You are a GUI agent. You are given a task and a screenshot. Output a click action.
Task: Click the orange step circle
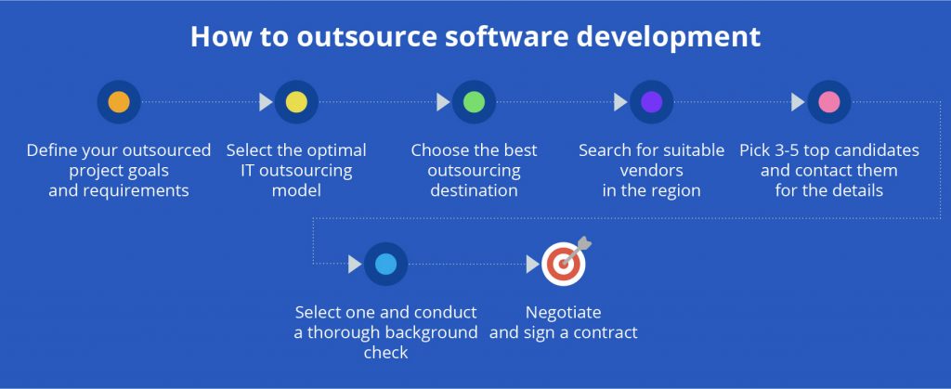click(119, 102)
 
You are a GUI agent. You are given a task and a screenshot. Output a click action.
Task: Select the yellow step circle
click(296, 102)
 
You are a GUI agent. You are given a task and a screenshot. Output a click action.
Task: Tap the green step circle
click(474, 102)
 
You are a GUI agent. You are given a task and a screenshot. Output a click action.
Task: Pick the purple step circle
click(651, 102)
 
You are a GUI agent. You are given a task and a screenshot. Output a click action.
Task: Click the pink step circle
click(829, 102)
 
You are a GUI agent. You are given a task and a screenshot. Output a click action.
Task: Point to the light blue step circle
click(385, 264)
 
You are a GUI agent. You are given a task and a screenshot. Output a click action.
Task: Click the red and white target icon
click(564, 262)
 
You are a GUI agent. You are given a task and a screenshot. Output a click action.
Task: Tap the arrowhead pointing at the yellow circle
click(266, 102)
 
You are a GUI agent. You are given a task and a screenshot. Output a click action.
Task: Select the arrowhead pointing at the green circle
click(443, 102)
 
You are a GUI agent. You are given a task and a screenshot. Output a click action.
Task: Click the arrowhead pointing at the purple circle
click(620, 102)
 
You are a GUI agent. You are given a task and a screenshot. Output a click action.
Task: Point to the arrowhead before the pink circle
click(798, 102)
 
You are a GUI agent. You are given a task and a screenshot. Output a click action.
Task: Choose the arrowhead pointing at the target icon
click(533, 265)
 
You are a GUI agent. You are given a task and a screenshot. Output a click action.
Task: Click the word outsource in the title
click(366, 36)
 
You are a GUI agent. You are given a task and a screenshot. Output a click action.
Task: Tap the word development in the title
click(669, 37)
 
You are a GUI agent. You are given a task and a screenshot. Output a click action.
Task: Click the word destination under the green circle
click(475, 190)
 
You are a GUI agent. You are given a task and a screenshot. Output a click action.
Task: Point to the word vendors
click(651, 170)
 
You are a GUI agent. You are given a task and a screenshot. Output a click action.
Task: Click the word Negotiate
click(564, 313)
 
